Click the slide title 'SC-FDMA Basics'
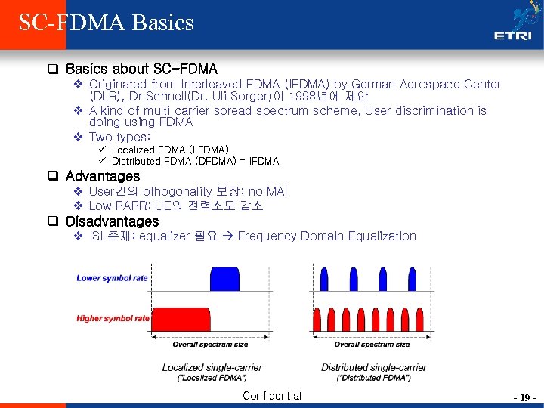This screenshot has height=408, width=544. click(107, 22)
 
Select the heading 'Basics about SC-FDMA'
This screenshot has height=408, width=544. click(141, 69)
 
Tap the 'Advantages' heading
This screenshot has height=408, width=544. click(103, 176)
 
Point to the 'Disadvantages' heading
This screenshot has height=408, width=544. click(112, 221)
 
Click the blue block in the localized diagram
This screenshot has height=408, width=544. click(224, 279)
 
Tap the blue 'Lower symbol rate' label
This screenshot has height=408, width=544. click(112, 278)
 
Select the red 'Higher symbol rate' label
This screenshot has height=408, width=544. click(113, 318)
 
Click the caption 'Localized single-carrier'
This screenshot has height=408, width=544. click(204, 368)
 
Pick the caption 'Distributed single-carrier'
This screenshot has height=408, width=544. click(373, 368)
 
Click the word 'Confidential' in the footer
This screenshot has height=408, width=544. click(272, 396)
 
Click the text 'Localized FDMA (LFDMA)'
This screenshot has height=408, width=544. click(170, 150)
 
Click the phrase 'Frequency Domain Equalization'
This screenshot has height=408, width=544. click(327, 236)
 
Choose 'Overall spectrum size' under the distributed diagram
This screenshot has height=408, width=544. click(372, 345)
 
